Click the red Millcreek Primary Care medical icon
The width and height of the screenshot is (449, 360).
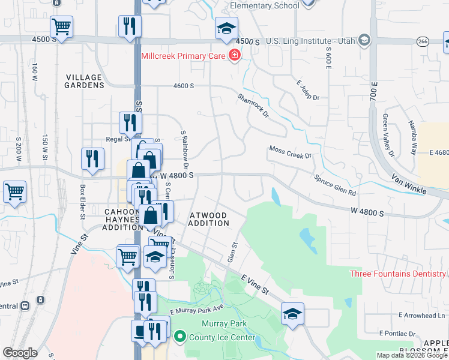[x=234, y=56]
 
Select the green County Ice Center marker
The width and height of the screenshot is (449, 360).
[x=178, y=337]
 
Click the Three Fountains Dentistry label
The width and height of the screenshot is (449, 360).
[x=399, y=274]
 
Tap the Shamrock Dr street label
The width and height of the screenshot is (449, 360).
[x=253, y=105]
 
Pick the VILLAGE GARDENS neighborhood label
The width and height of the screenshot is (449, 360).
[x=85, y=82]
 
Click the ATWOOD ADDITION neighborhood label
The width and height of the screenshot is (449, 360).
[x=209, y=219]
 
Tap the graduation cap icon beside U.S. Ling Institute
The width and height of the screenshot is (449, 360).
[x=363, y=40]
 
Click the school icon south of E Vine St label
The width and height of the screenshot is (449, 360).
[x=292, y=314]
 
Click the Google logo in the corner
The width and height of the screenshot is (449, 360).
[x=20, y=353]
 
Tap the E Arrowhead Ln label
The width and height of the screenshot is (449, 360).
[x=423, y=315]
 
